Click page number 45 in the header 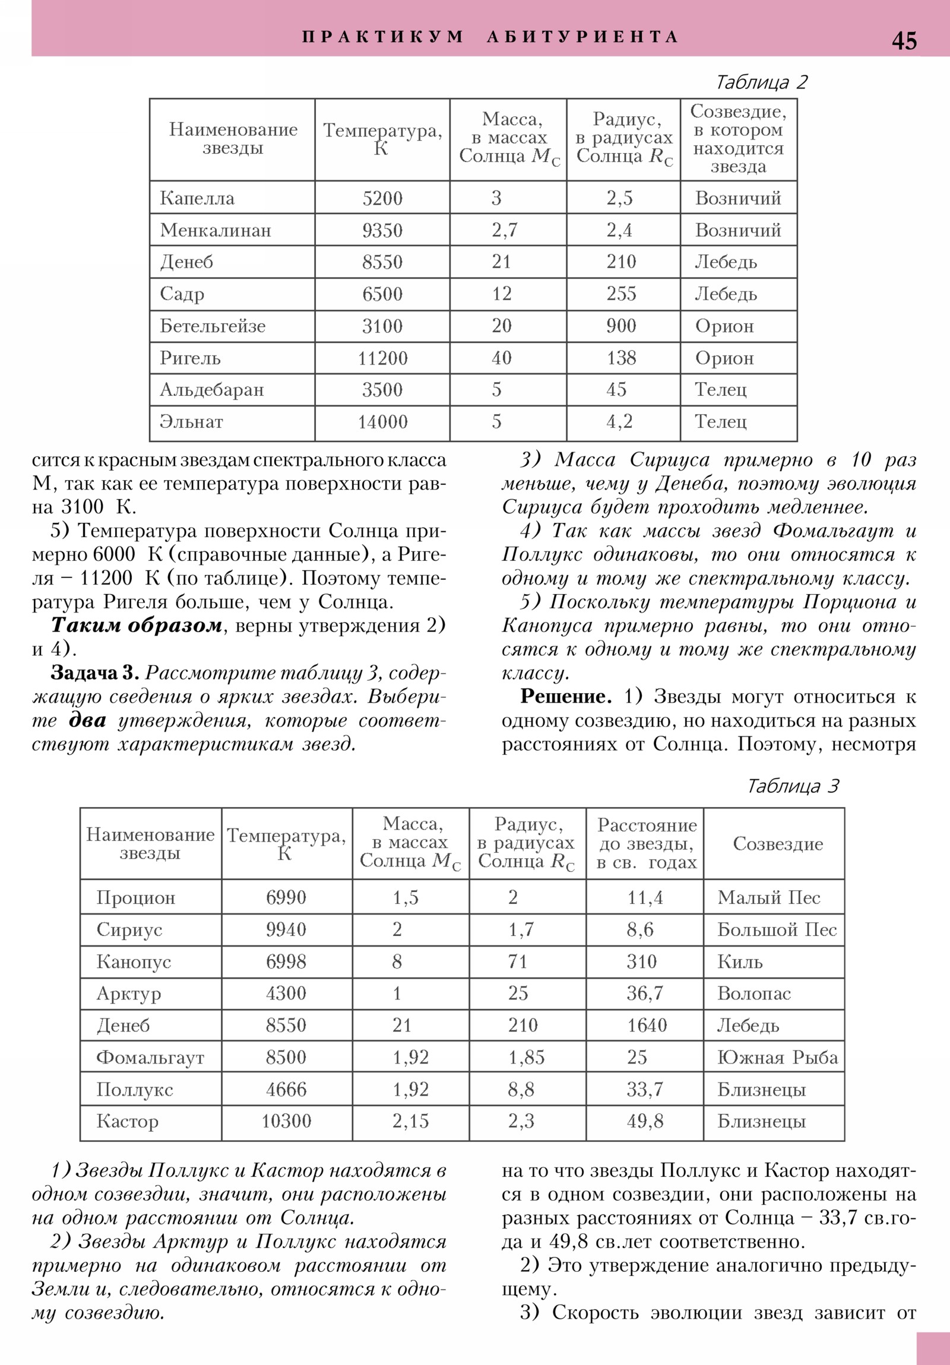point(904,41)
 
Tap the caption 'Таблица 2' point(761,82)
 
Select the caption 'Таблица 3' point(792,786)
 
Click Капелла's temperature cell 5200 point(382,198)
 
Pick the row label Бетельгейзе point(213,326)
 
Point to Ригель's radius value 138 point(621,358)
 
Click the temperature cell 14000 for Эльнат point(382,422)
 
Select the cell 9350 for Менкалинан point(382,230)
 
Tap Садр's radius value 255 point(621,294)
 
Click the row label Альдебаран point(211,390)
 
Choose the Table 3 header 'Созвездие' point(777,843)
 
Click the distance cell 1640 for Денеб point(647,1025)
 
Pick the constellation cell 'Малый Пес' point(768,897)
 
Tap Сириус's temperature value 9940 point(286,929)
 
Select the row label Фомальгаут point(150,1057)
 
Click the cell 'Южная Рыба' point(777,1057)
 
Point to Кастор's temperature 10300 point(286,1121)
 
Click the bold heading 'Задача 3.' point(94,672)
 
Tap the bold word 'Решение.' point(565,696)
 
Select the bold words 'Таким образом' point(136,626)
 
